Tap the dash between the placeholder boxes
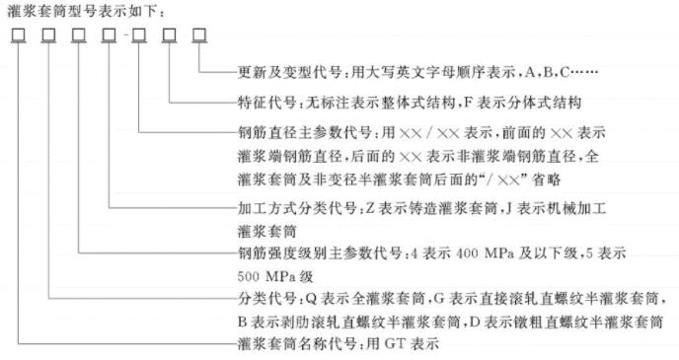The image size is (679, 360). (x=123, y=38)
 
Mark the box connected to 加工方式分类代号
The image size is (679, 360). (x=108, y=37)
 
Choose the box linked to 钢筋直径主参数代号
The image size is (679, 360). (x=139, y=37)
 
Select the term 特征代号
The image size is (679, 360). (x=263, y=103)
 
